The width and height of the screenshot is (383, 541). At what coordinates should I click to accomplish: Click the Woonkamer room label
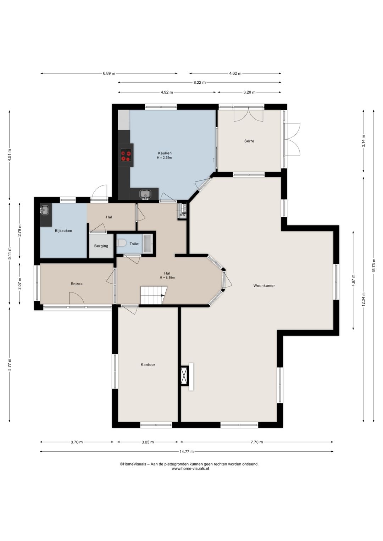[264, 286]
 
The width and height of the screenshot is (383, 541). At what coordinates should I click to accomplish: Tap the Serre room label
[249, 141]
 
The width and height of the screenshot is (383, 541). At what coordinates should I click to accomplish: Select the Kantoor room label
[148, 365]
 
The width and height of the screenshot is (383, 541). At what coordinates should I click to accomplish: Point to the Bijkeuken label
[63, 231]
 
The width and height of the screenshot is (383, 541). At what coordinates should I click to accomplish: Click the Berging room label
[101, 246]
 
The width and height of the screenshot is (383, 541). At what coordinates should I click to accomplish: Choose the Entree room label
[77, 284]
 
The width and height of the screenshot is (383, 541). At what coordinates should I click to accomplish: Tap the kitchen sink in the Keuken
[145, 194]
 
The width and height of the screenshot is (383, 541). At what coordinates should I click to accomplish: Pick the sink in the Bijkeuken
[44, 210]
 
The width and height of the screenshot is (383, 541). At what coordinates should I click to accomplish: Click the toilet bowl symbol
[121, 243]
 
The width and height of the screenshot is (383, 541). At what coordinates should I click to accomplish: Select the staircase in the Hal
[154, 295]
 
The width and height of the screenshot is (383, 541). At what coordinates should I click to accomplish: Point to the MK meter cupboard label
[182, 215]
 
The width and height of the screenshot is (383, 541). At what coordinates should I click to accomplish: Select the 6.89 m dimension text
[109, 73]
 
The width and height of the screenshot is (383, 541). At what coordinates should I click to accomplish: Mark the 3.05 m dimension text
[148, 442]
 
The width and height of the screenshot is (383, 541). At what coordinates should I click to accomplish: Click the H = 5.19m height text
[167, 278]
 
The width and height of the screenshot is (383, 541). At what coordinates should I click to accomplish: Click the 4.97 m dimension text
[353, 280]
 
